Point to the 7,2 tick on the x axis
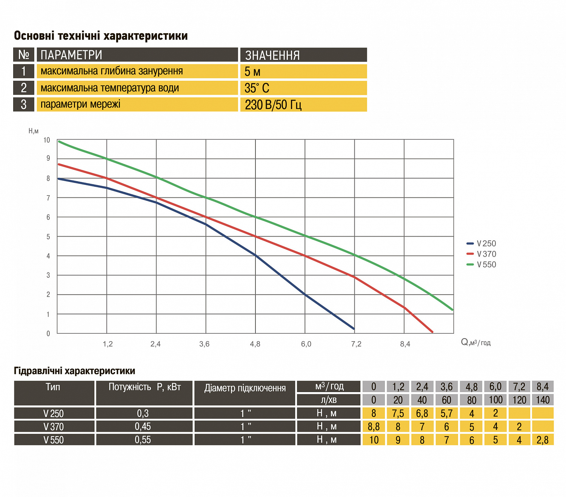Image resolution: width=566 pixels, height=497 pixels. (x=356, y=344)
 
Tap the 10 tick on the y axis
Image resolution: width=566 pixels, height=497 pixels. (x=46, y=140)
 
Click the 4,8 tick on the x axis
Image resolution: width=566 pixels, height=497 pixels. (x=255, y=344)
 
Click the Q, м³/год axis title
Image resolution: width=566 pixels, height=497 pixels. (x=475, y=342)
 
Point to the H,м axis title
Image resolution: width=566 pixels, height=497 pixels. (x=34, y=131)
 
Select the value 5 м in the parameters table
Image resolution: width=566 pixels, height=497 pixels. (x=252, y=71)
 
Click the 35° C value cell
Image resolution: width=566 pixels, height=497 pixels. (x=257, y=88)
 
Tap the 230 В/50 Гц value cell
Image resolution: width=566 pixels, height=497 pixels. (x=273, y=105)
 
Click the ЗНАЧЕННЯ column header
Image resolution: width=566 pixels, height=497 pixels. (x=272, y=55)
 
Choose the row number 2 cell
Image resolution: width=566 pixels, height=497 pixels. (x=24, y=88)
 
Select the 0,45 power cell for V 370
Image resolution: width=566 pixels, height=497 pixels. (x=143, y=426)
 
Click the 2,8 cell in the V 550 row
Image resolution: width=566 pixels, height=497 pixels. (x=543, y=440)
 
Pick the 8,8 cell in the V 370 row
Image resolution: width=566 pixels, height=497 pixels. (x=374, y=426)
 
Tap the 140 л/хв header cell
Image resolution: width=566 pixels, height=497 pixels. (x=543, y=400)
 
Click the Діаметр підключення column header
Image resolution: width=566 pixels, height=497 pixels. (x=245, y=388)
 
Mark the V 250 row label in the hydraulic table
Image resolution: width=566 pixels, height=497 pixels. (x=54, y=413)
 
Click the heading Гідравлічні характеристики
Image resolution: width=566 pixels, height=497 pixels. (x=74, y=371)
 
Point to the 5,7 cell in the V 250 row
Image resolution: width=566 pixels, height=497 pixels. (x=446, y=413)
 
